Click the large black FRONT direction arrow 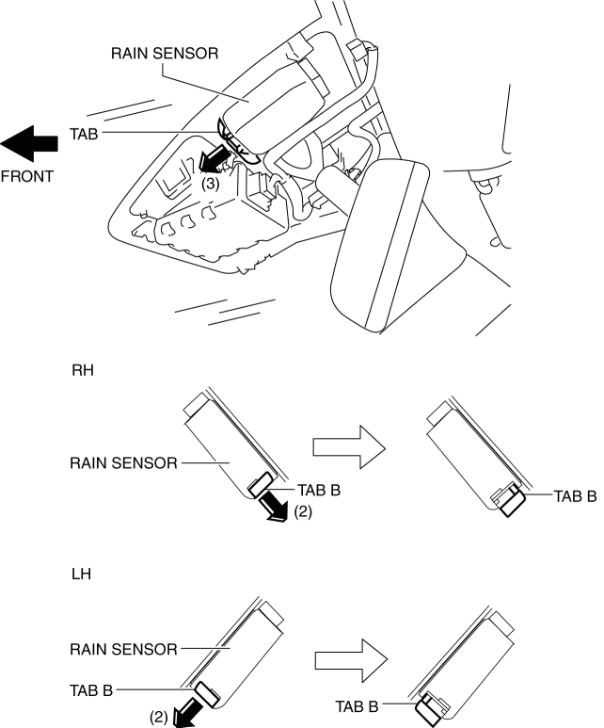click(x=29, y=144)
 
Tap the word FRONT click(x=27, y=176)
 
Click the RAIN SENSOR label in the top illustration click(x=165, y=54)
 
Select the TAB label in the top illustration click(x=84, y=134)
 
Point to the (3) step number click(x=210, y=184)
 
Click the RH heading click(x=83, y=370)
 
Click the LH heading click(x=81, y=574)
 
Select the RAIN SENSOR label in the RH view click(x=123, y=463)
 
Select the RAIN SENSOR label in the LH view click(x=123, y=649)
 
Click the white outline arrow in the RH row click(x=349, y=447)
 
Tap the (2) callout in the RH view click(x=303, y=511)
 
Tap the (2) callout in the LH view click(x=159, y=718)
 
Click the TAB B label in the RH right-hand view click(x=575, y=496)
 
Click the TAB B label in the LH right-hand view click(x=357, y=706)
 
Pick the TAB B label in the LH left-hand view click(x=91, y=690)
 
